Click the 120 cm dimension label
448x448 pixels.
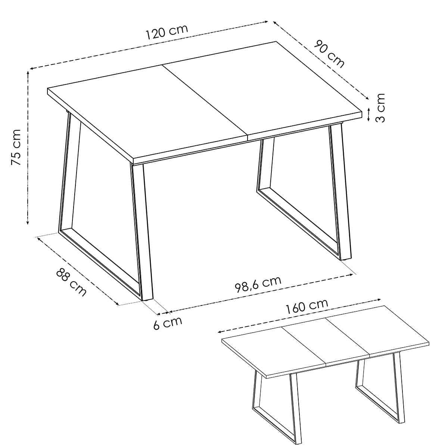(x=167, y=32)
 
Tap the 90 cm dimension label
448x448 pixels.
(x=329, y=54)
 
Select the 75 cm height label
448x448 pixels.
(x=16, y=147)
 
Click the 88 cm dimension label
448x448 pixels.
(x=71, y=282)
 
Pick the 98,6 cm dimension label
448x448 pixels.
(x=258, y=284)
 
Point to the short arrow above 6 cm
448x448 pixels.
(x=163, y=313)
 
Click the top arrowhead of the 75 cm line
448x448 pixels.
(x=28, y=72)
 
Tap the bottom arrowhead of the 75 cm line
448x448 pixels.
(x=28, y=223)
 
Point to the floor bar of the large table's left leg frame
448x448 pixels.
(x=100, y=265)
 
